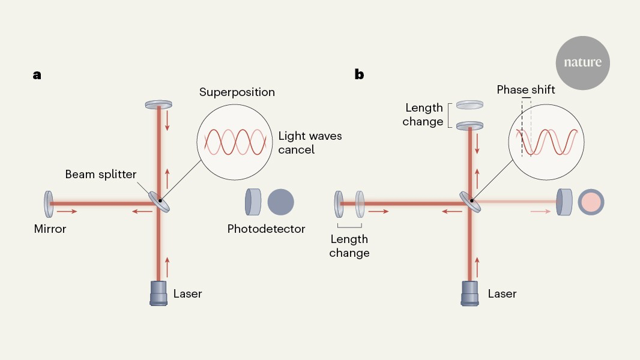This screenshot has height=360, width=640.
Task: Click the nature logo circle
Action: click(x=582, y=62)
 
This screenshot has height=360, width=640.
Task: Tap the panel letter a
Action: click(x=37, y=75)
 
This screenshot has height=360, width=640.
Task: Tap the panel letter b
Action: click(x=359, y=74)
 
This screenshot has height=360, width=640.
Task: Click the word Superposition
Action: click(x=237, y=92)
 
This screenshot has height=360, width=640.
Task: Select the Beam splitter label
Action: click(x=101, y=175)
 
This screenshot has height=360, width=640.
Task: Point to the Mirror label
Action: click(x=50, y=229)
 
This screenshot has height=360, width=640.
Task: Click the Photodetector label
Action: click(x=266, y=229)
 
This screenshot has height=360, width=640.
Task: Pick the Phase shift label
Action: click(x=526, y=90)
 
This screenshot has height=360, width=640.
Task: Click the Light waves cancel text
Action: click(x=310, y=142)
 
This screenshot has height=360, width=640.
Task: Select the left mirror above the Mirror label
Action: click(x=47, y=203)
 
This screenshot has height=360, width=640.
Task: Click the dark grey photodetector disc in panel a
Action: click(x=281, y=202)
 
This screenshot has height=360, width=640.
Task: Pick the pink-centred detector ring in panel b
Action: click(x=591, y=202)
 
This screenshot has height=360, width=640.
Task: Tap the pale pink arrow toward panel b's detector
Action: click(x=540, y=212)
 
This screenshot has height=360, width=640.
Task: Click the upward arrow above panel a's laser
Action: click(x=168, y=262)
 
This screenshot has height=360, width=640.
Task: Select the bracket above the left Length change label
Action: click(x=349, y=226)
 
